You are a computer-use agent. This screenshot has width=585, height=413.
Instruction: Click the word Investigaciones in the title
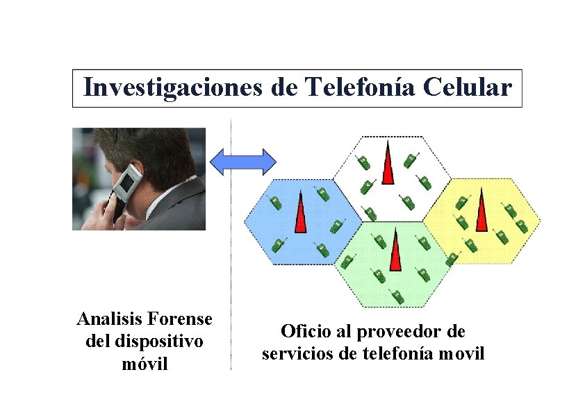click(x=172, y=88)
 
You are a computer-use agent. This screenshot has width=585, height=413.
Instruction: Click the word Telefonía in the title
click(x=356, y=88)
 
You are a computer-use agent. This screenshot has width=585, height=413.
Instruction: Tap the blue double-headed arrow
click(x=243, y=161)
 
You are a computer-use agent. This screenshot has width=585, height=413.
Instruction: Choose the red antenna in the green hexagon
click(x=395, y=253)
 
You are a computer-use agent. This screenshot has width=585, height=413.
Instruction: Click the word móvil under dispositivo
click(x=145, y=364)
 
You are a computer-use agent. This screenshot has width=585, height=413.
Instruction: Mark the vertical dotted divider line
click(x=231, y=278)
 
